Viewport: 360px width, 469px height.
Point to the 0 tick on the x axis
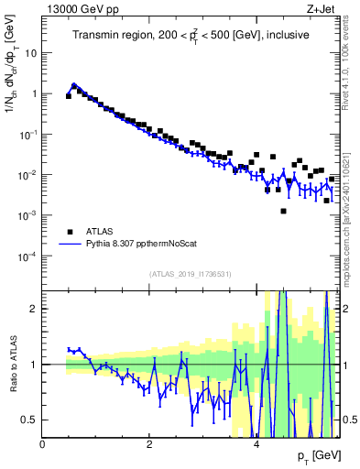(42, 444)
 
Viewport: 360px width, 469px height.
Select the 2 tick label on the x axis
(149, 444)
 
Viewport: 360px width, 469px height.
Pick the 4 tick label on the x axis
(256, 444)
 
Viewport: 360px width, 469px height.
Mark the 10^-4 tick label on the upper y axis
(27, 256)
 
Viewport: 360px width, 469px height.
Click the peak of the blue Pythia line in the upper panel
(74, 85)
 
